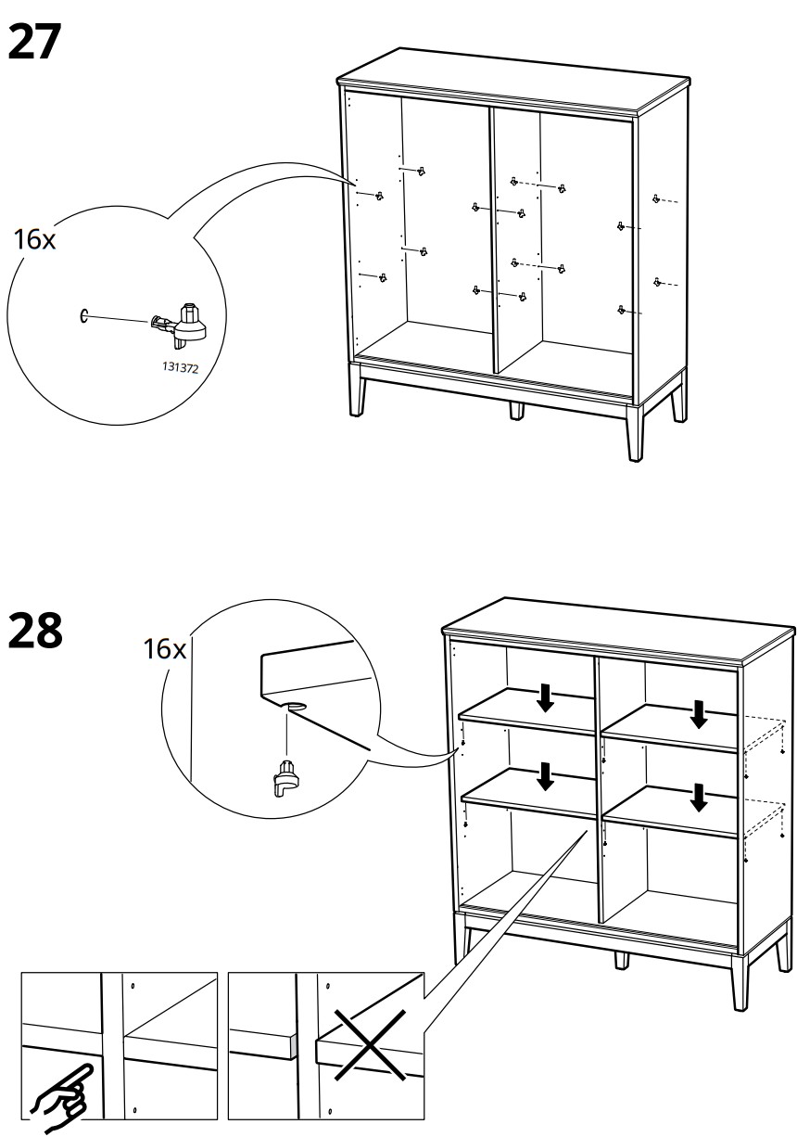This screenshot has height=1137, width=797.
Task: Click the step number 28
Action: [x=35, y=632]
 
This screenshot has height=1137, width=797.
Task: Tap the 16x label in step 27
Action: [x=36, y=239]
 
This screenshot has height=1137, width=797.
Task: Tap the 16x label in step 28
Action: [x=164, y=648]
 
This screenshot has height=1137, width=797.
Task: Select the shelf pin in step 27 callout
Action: [x=181, y=319]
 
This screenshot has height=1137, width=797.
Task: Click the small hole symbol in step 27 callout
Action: [x=84, y=316]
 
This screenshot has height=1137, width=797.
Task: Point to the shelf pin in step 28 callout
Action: [x=286, y=777]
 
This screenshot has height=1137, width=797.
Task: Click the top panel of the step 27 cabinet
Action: [x=514, y=79]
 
